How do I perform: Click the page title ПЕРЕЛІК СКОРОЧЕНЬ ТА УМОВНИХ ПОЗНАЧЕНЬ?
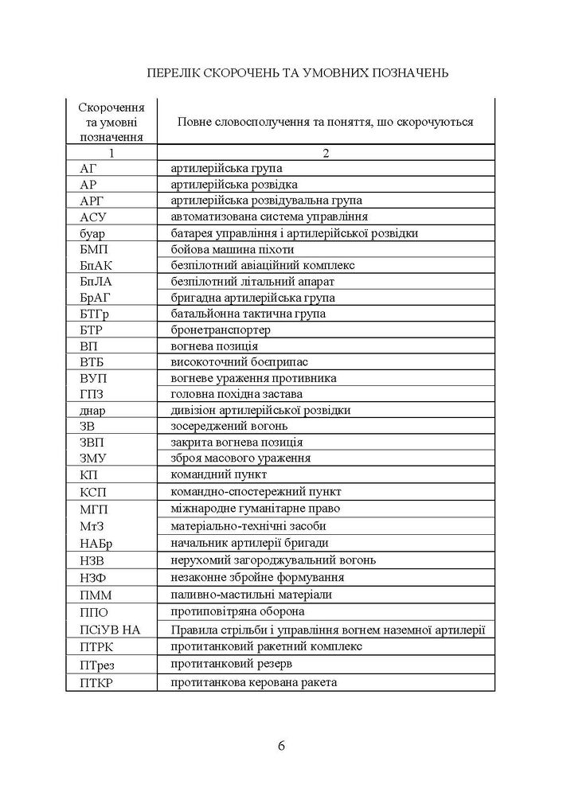coord(299,73)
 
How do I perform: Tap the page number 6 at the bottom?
coord(282,746)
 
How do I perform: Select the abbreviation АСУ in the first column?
coord(93,217)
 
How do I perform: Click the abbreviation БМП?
coord(95,249)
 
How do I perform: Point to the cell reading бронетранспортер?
coord(221,330)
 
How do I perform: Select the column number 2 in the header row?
coord(326,153)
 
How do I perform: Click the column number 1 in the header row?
coord(111,153)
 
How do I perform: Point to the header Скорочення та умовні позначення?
coord(111,121)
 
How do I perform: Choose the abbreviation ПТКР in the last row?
coord(97,683)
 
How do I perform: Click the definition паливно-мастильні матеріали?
coord(251,595)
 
